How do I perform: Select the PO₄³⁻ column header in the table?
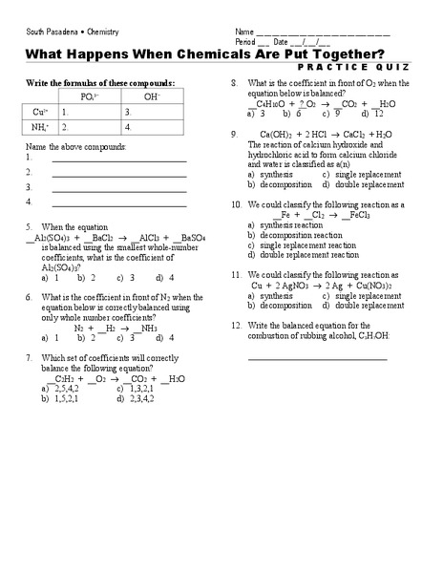tap(89, 96)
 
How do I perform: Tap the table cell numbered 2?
tap(89, 126)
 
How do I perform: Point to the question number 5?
tap(30, 227)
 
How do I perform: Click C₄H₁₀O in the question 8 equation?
tap(262, 103)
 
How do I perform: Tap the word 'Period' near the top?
tap(245, 42)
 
